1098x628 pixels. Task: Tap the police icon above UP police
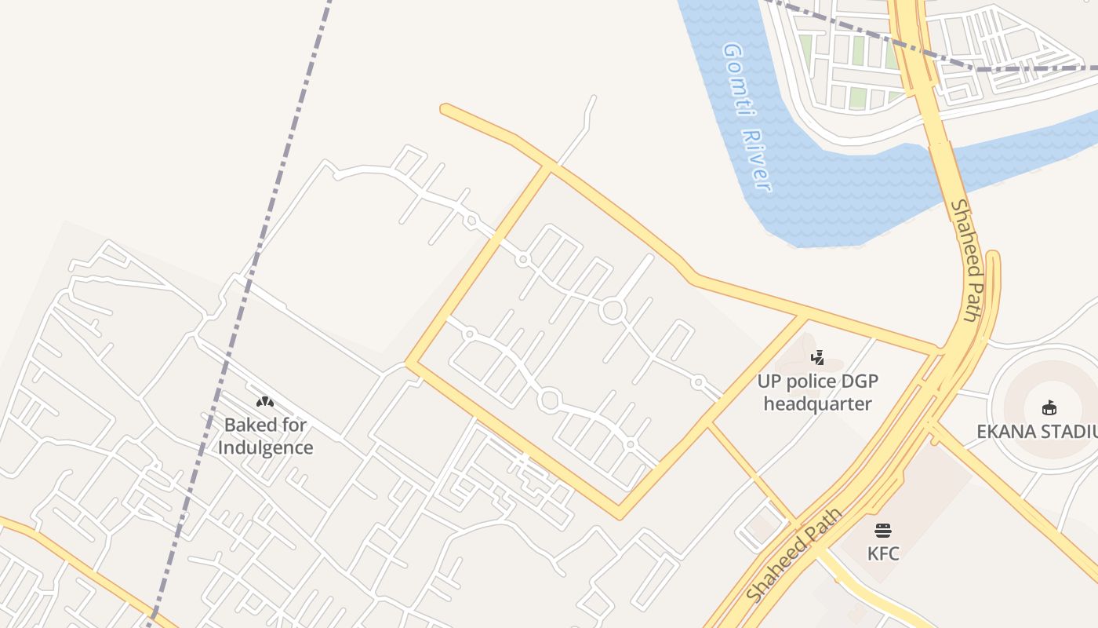click(817, 358)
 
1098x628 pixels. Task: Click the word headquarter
click(817, 404)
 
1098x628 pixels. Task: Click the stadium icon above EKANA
click(1049, 407)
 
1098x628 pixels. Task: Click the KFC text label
click(883, 553)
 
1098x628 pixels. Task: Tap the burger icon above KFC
click(883, 531)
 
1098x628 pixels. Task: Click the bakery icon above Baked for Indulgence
click(265, 402)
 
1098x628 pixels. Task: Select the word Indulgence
click(265, 448)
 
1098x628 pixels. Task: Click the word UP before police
click(769, 382)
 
